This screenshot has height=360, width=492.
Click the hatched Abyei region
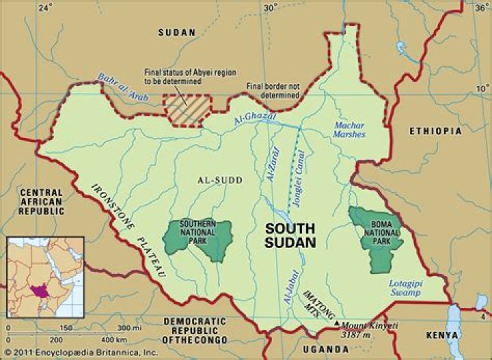(x=186, y=110)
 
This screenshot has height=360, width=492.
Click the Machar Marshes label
(x=350, y=129)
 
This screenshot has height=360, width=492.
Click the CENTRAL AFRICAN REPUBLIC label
(x=41, y=202)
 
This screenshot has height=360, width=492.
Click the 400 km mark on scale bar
(x=98, y=339)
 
